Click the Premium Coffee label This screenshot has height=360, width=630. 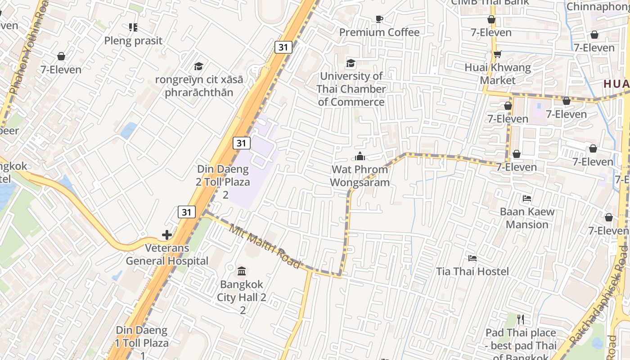pyautogui.click(x=379, y=32)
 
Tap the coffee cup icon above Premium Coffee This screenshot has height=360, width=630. pyautogui.click(x=379, y=19)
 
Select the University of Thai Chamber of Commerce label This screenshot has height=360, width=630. pyautogui.click(x=351, y=89)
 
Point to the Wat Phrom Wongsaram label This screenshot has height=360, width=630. pyautogui.click(x=360, y=176)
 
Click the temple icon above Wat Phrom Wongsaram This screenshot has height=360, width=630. pyautogui.click(x=360, y=157)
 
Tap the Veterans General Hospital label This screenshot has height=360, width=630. pyautogui.click(x=167, y=254)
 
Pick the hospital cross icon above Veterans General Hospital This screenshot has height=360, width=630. pyautogui.click(x=167, y=235)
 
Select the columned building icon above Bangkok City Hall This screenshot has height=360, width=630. pyautogui.click(x=242, y=271)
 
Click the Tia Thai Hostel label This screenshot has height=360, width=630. pyautogui.click(x=472, y=271)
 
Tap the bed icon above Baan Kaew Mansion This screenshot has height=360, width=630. pyautogui.click(x=527, y=198)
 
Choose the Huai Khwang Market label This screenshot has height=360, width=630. pyautogui.click(x=498, y=74)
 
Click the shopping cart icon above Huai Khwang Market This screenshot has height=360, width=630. pyautogui.click(x=497, y=54)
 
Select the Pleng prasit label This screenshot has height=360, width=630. pyautogui.click(x=133, y=41)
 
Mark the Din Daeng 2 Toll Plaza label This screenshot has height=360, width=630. pyautogui.click(x=224, y=182)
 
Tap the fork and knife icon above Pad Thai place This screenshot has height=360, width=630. pyautogui.click(x=521, y=319)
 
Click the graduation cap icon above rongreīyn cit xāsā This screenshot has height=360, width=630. pyautogui.click(x=198, y=67)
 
